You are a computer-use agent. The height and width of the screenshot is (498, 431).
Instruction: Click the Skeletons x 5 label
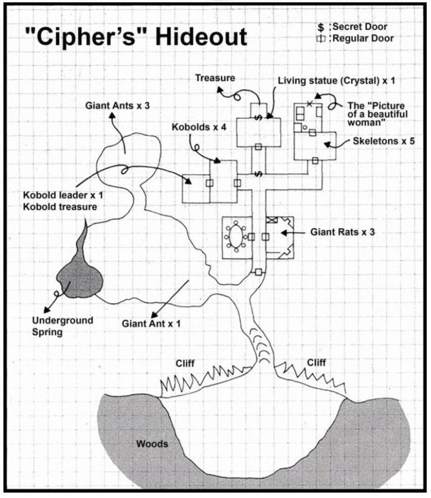(383, 141)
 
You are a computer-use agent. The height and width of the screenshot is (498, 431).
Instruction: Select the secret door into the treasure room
(257, 117)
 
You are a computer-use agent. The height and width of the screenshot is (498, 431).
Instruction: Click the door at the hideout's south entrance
(258, 272)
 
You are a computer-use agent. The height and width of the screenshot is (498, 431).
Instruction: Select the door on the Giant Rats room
(266, 237)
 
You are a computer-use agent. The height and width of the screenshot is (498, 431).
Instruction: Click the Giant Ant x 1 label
(151, 322)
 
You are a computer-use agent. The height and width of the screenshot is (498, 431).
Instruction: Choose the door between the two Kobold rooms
(210, 183)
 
